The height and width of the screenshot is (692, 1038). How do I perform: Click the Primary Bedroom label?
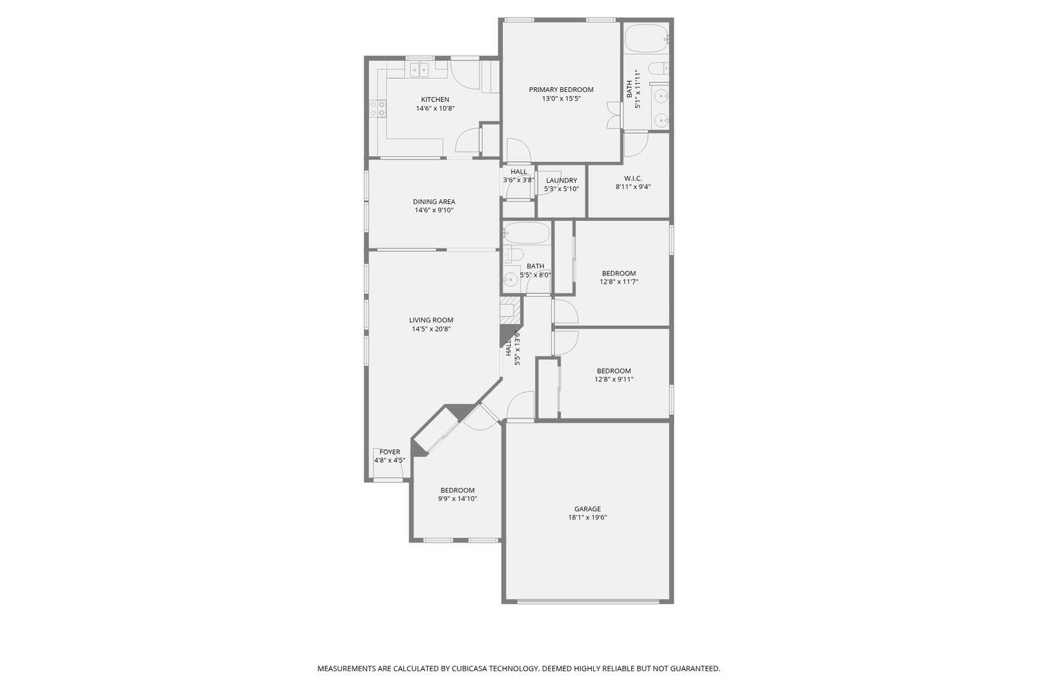pos(561,89)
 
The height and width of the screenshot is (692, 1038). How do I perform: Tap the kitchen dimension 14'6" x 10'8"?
pos(435,109)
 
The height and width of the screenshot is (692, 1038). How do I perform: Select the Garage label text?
pos(587,509)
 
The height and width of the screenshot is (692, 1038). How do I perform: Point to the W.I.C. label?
pos(632,178)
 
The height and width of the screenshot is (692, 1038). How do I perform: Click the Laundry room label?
pos(561,181)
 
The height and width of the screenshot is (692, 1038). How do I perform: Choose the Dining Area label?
pos(434,202)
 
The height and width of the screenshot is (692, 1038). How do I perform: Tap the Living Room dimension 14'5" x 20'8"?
pos(431,329)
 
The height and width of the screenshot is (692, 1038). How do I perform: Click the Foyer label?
pos(390,452)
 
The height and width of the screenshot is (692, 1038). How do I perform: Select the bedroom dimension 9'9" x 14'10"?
pos(457,499)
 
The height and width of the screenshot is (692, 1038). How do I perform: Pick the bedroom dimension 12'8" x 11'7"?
pos(619,282)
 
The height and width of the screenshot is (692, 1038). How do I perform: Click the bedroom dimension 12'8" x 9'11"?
pos(614,379)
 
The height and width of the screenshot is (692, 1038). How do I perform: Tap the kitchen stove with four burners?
pos(378,109)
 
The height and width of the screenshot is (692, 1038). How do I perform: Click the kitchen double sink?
pos(419,70)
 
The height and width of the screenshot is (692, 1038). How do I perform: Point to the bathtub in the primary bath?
pos(646,39)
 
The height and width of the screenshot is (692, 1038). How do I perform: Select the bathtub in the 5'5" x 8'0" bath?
pos(527,233)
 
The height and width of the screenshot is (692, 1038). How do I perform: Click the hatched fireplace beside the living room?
pos(509,310)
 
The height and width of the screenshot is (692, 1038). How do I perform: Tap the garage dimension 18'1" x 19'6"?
pos(588,518)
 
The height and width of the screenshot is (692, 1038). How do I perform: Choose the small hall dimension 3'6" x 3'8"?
pos(518,181)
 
